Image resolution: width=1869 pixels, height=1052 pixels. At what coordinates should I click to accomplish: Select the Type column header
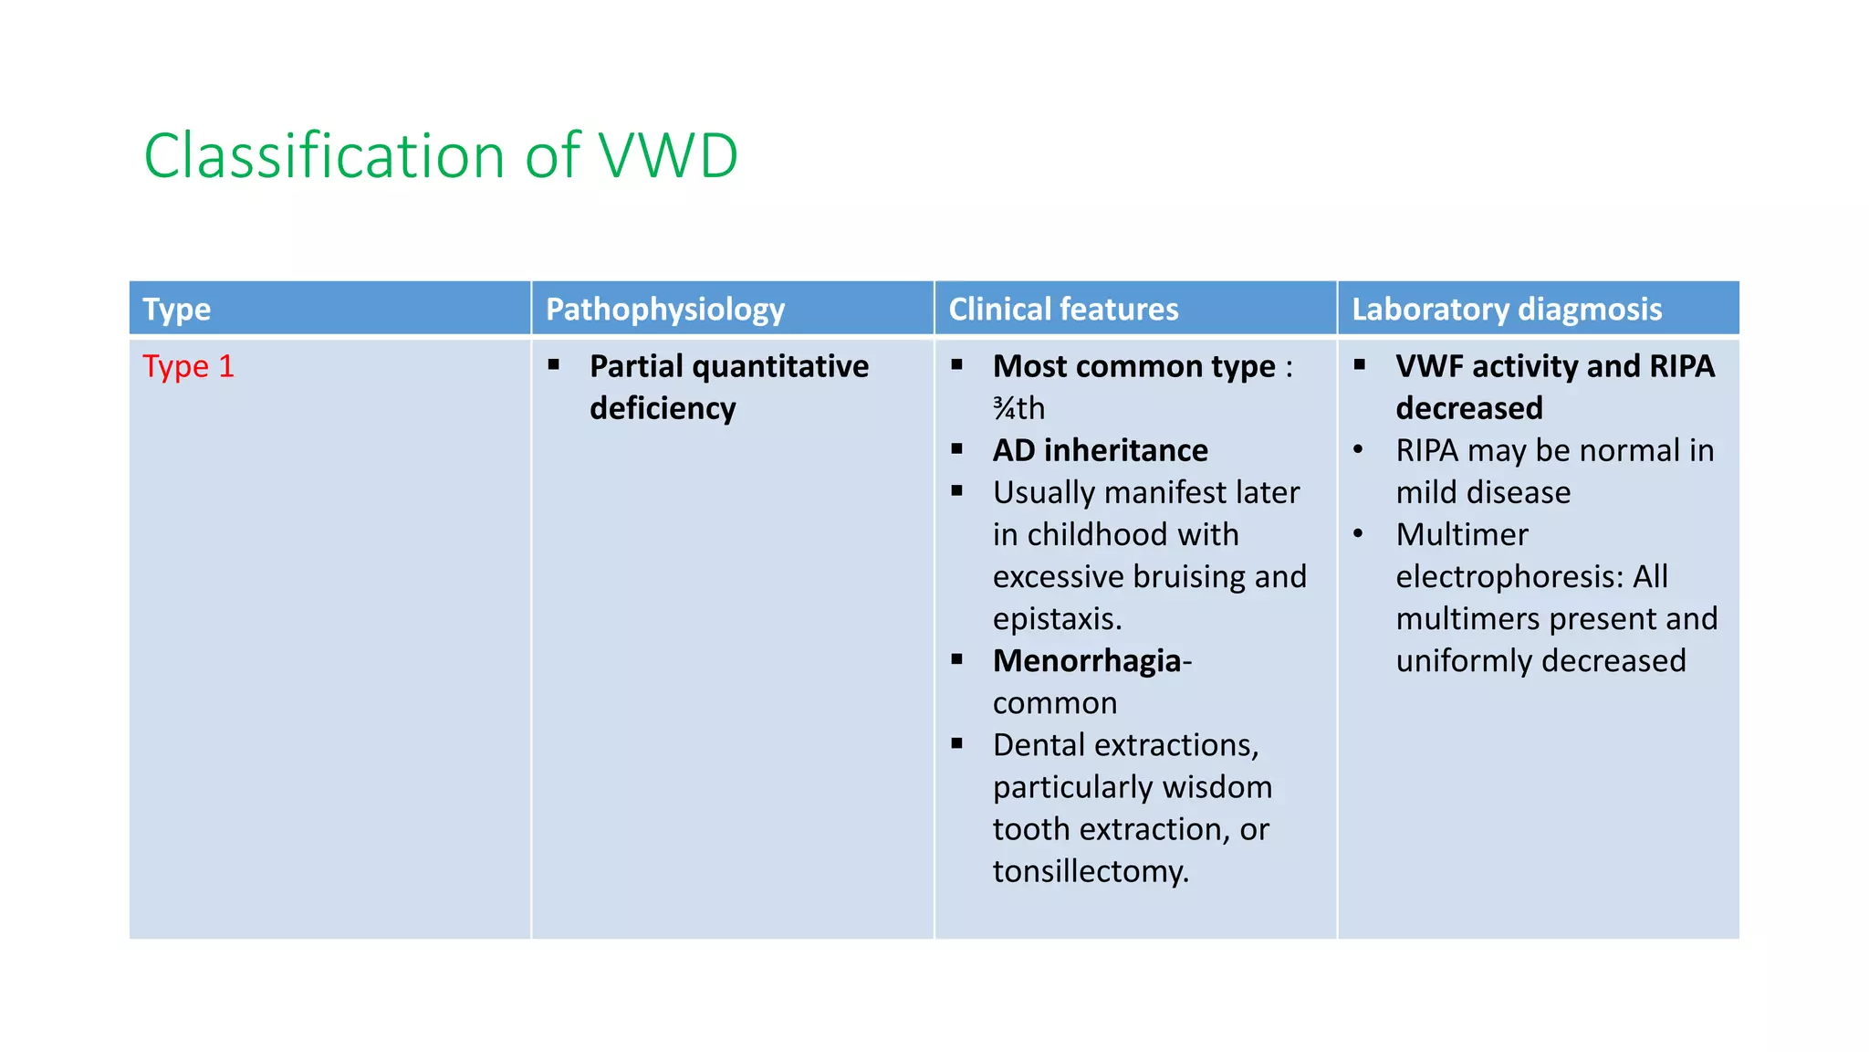(177, 310)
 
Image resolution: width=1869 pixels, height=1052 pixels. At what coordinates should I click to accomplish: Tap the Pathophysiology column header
(665, 310)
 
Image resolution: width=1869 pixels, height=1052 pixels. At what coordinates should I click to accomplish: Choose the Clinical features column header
(1063, 310)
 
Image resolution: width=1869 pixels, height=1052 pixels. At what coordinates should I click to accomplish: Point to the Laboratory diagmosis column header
(1507, 310)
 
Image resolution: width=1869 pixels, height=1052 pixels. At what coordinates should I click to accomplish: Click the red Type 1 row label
(189, 366)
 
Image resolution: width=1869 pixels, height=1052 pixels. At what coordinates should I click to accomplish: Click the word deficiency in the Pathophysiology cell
(663, 408)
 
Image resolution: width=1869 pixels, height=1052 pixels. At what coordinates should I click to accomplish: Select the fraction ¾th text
(1018, 408)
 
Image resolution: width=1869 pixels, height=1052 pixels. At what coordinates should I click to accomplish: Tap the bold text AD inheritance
(1100, 450)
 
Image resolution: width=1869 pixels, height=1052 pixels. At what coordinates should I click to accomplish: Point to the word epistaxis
(1056, 619)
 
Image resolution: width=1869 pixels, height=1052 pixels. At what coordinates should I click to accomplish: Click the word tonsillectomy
(1090, 871)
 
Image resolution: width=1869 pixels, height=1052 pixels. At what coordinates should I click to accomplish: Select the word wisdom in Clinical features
(1222, 787)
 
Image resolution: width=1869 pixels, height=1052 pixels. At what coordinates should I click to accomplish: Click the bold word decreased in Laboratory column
(1469, 408)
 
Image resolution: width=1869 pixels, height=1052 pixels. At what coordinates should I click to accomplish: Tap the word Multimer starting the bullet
(1462, 534)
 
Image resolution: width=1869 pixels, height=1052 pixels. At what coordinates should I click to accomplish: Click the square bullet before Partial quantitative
(554, 365)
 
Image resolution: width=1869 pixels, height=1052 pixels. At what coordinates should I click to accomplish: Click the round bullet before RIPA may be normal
(1359, 450)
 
